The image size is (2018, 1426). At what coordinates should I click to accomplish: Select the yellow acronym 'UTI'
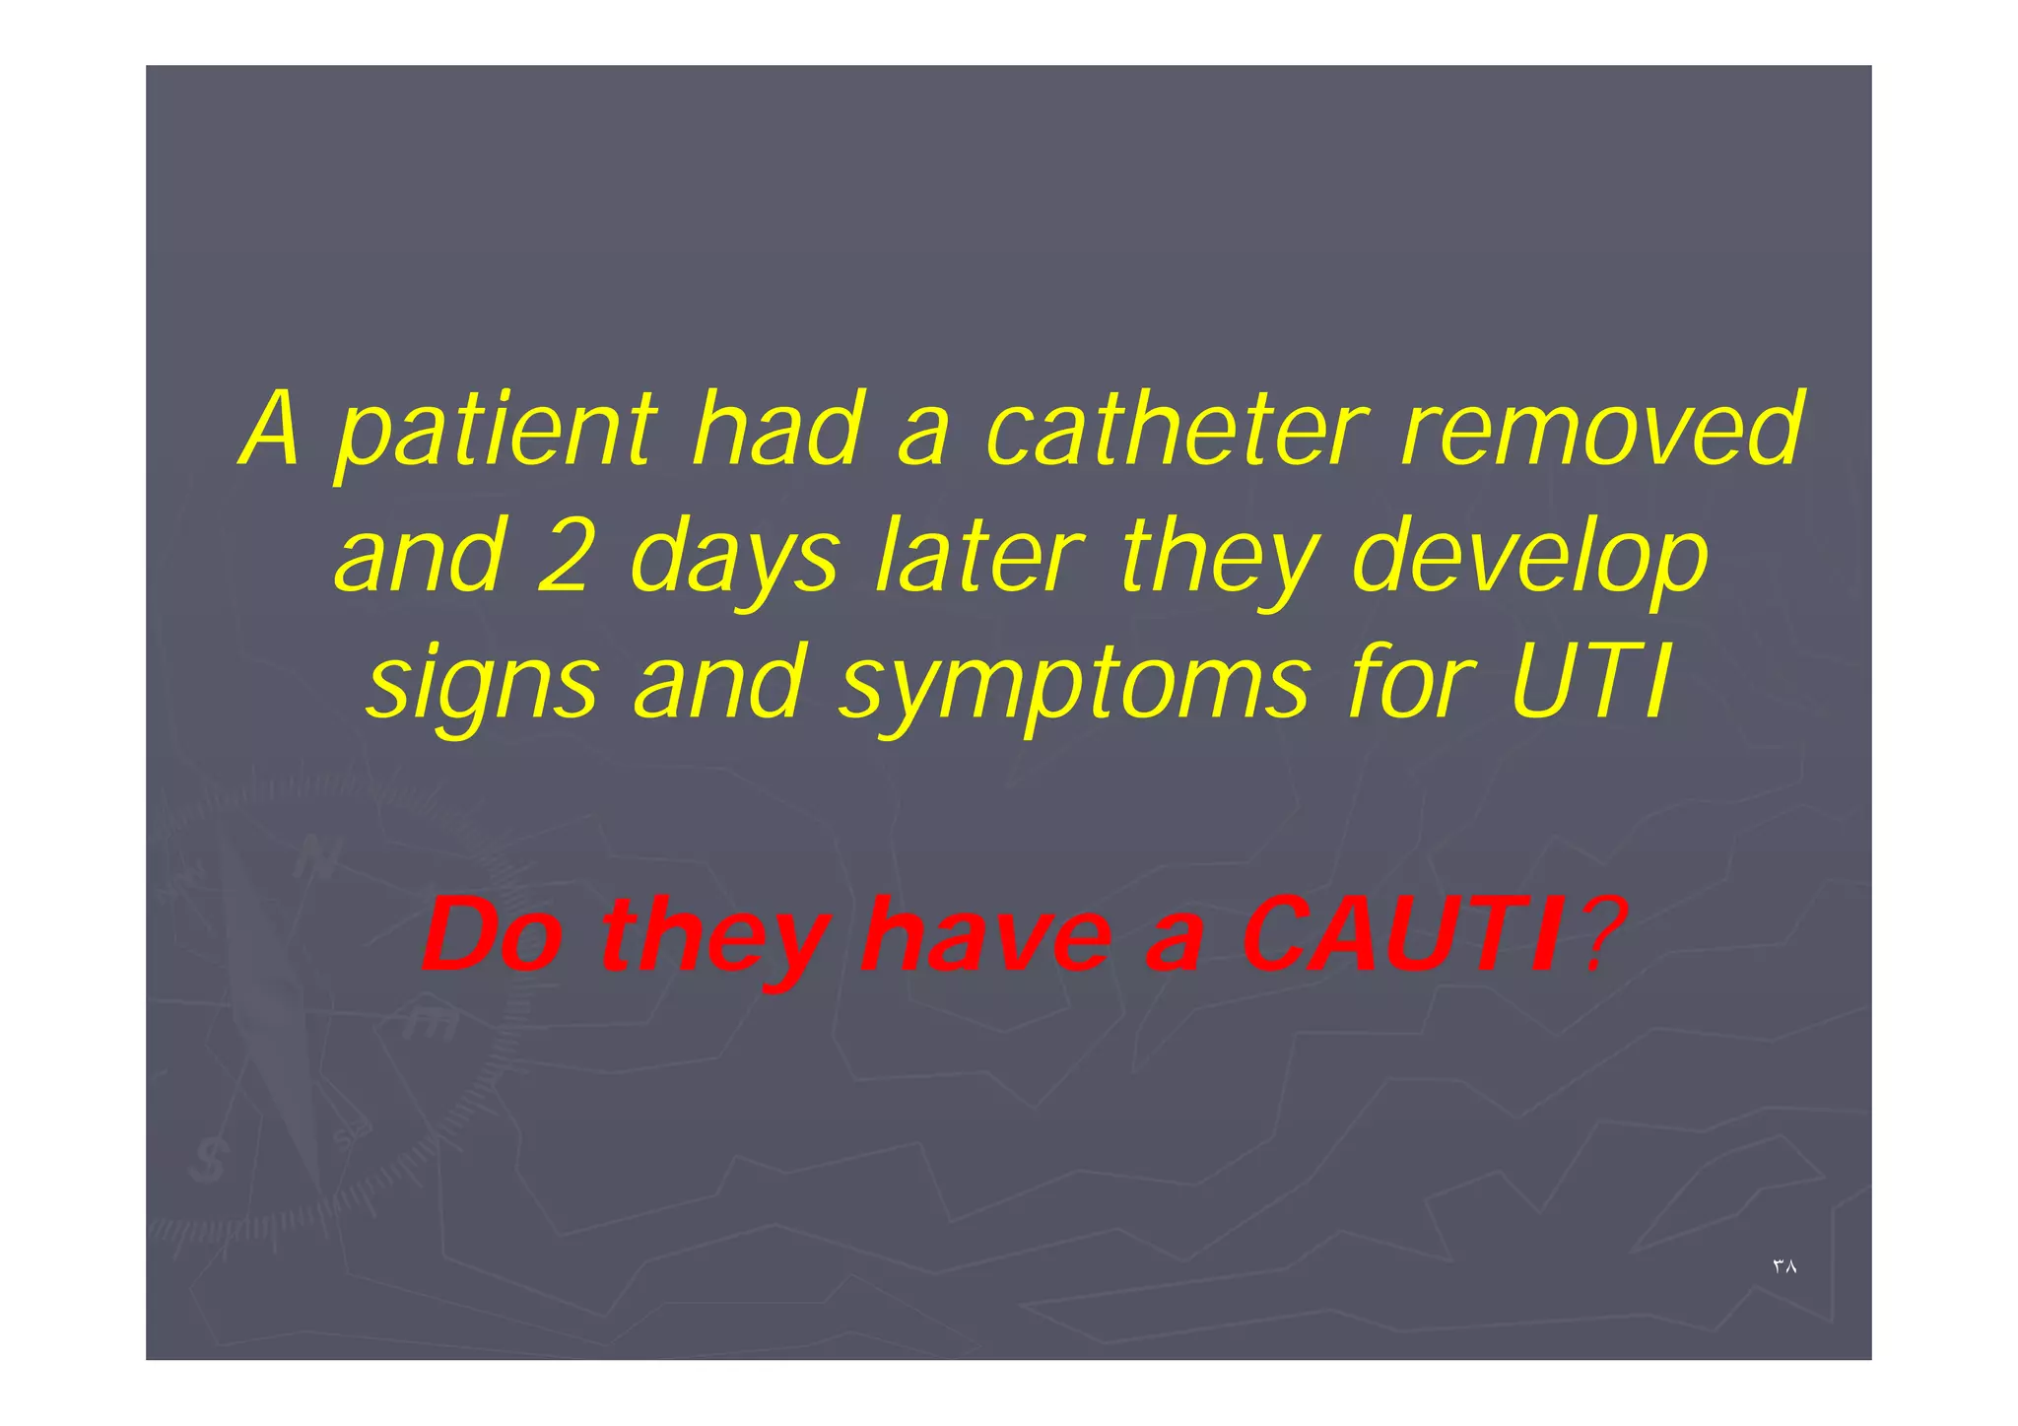[x=1588, y=682]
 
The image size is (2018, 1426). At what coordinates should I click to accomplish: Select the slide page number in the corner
[x=1784, y=1266]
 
